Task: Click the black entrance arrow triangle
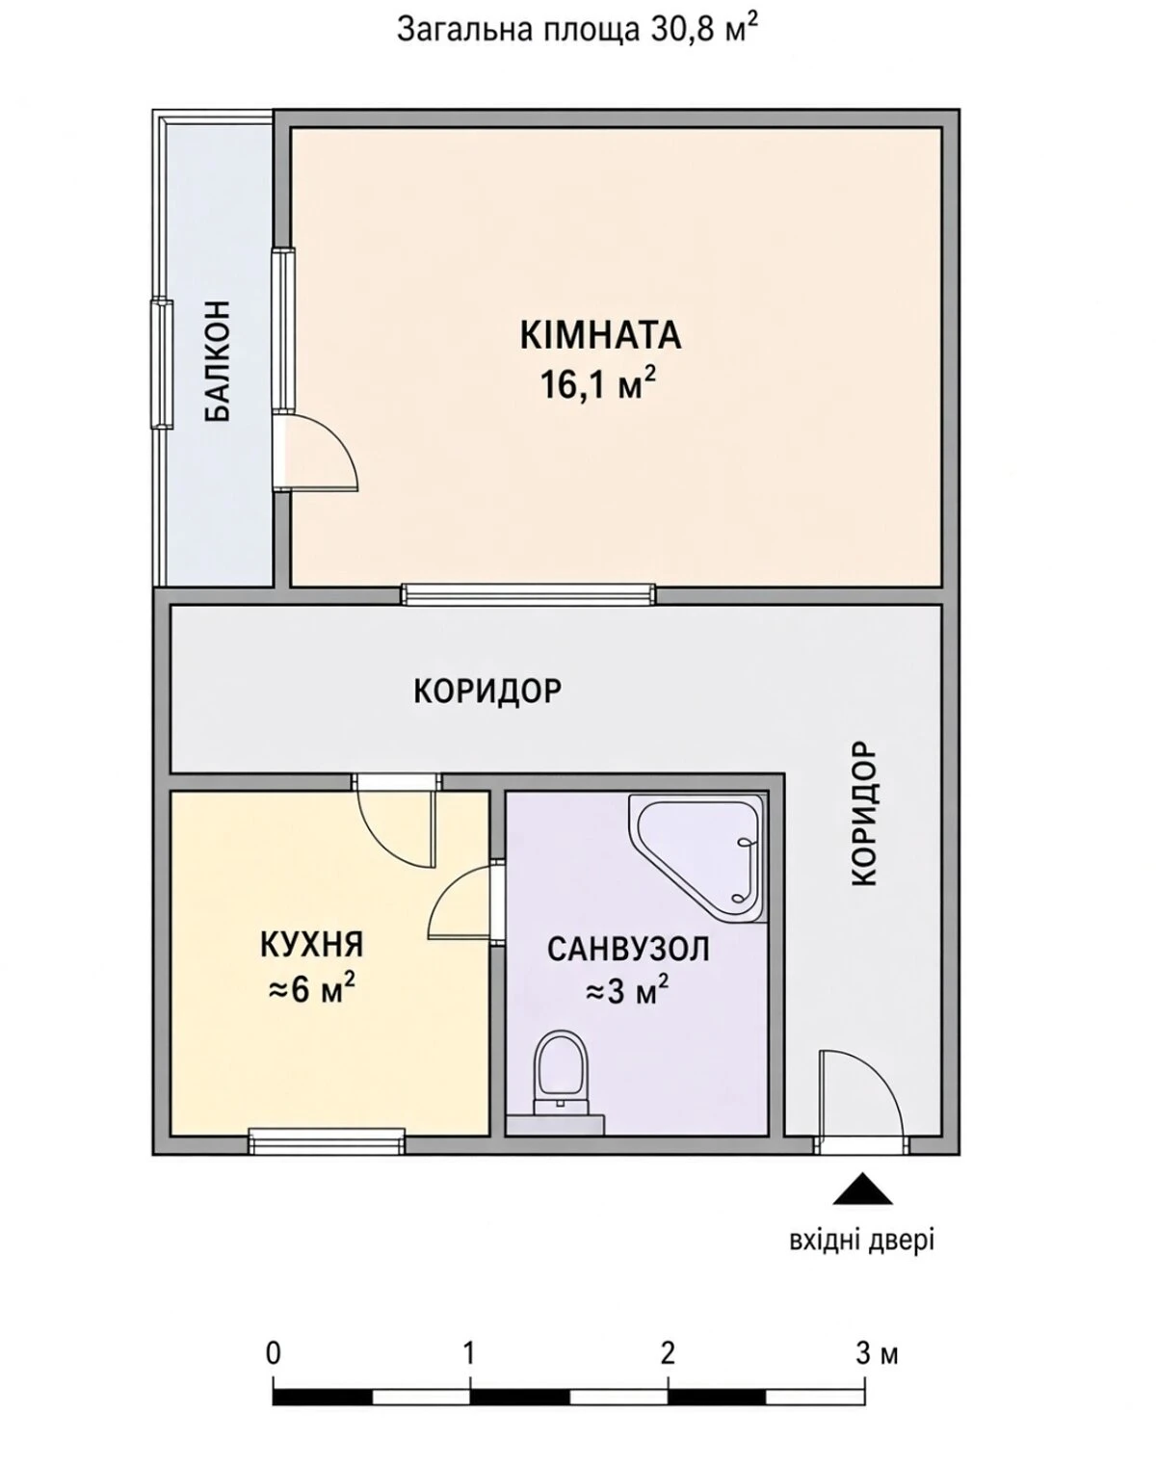tap(863, 1189)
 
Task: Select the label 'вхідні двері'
tap(861, 1241)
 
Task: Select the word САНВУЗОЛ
tap(628, 949)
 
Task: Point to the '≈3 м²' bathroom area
tap(627, 993)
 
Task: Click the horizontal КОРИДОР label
tap(487, 692)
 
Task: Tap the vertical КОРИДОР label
tap(863, 813)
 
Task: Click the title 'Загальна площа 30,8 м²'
tap(578, 30)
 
